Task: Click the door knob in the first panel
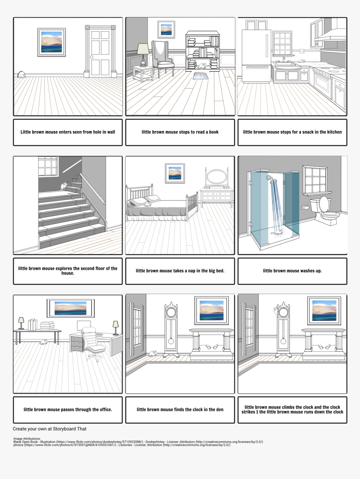[x=91, y=57]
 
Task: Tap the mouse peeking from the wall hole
[x=21, y=75]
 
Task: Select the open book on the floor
[x=200, y=76]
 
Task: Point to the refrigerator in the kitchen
[x=255, y=56]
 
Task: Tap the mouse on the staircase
[x=63, y=185]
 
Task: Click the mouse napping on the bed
[x=147, y=204]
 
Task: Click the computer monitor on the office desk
[x=84, y=325]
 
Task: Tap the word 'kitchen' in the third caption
[x=332, y=132]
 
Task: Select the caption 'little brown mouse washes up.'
[x=292, y=271]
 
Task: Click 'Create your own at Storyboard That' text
[x=49, y=429]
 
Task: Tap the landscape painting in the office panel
[x=70, y=308]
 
